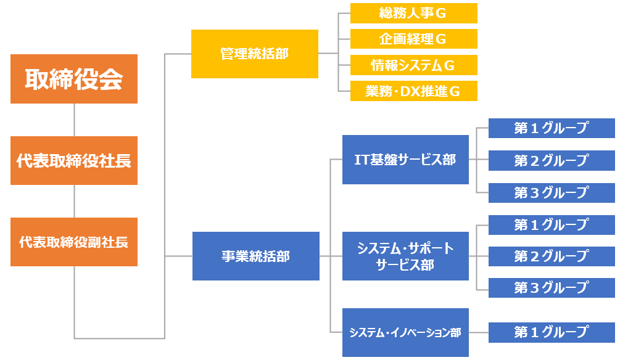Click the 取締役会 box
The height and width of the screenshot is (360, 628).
pyautogui.click(x=74, y=79)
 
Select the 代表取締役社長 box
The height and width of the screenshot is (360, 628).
pyautogui.click(x=74, y=160)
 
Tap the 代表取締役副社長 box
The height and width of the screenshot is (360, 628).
pyautogui.click(x=74, y=242)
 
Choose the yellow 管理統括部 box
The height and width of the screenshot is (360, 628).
pyautogui.click(x=255, y=54)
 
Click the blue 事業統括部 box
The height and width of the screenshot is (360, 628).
pyautogui.click(x=256, y=256)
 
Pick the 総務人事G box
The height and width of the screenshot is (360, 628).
pyautogui.click(x=414, y=13)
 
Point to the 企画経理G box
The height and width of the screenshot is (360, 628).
pyautogui.click(x=414, y=39)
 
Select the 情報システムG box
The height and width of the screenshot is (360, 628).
pyautogui.click(x=414, y=65)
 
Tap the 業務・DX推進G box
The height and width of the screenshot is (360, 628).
pyautogui.click(x=414, y=91)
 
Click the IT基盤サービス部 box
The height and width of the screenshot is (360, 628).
pyautogui.click(x=405, y=160)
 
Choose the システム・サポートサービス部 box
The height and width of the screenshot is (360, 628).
pyautogui.click(x=405, y=256)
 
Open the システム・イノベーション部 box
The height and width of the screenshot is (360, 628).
pyautogui.click(x=405, y=332)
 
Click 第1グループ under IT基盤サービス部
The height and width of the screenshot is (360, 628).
pyautogui.click(x=552, y=128)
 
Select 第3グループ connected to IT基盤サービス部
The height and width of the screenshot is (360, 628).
pyautogui.click(x=552, y=193)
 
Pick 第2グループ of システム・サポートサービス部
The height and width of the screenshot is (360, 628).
pyautogui.click(x=552, y=256)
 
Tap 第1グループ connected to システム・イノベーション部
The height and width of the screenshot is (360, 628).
pyautogui.click(x=552, y=332)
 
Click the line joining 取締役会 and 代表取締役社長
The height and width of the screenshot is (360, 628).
pyautogui.click(x=74, y=120)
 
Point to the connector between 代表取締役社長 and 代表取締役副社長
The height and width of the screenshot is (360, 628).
pyautogui.click(x=74, y=201)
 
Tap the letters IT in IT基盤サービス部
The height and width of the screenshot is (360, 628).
pyautogui.click(x=362, y=160)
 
